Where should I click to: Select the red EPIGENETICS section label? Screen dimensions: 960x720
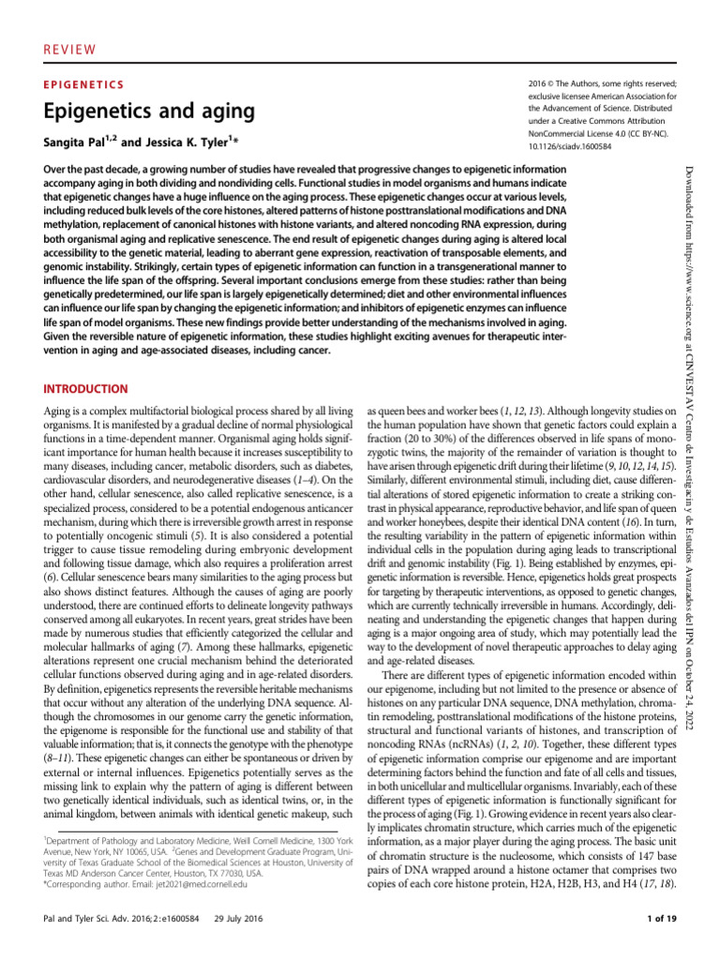click(84, 83)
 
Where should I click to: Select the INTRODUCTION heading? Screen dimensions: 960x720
click(86, 388)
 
